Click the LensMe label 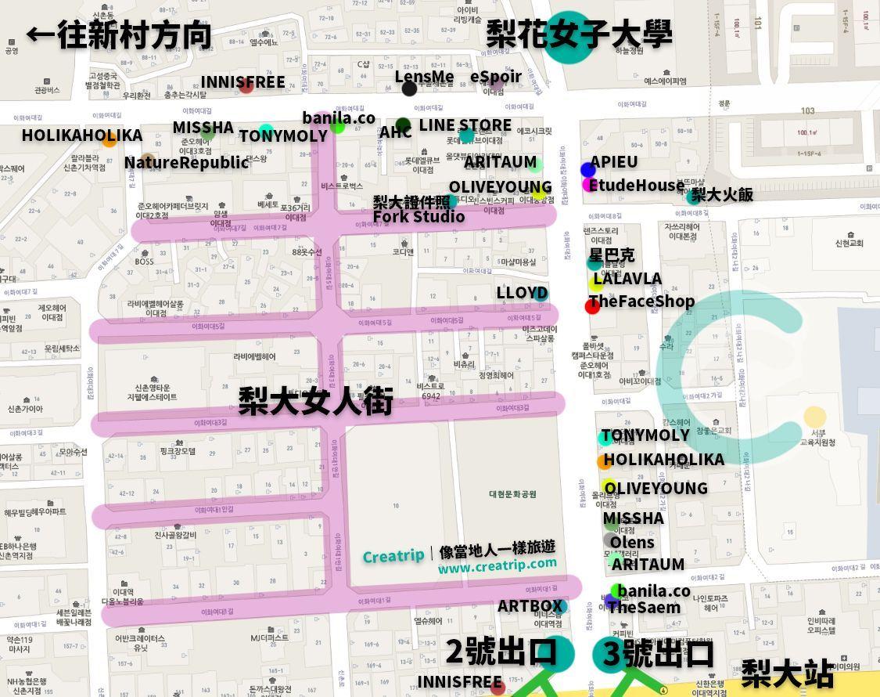tap(424, 77)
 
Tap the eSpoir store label tap(495, 77)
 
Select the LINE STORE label tap(465, 125)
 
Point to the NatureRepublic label tap(186, 162)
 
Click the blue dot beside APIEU tap(588, 170)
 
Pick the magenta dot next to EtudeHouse tap(588, 185)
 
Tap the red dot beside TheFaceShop tap(592, 306)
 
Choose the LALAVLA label tap(627, 279)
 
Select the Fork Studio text tap(418, 217)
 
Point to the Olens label tap(632, 542)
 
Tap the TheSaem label tap(643, 607)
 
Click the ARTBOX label tap(530, 605)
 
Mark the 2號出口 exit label tap(501, 652)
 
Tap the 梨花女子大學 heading tap(579, 34)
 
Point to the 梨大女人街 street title tap(315, 401)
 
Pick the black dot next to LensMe tap(409, 88)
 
